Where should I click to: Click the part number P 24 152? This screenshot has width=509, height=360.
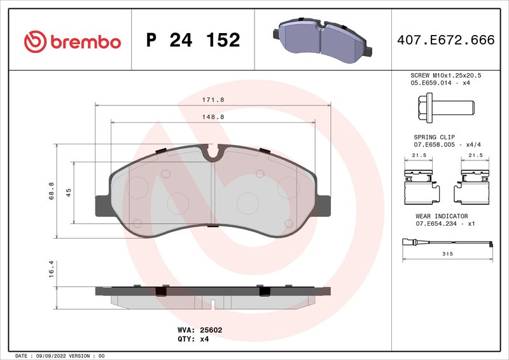coord(193,40)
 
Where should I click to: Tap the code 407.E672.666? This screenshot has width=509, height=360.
coord(445,40)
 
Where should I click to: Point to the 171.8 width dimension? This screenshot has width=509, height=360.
coord(213,100)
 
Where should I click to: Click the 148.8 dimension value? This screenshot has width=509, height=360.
coord(213,117)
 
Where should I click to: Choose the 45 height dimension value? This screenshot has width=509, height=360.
coord(68,193)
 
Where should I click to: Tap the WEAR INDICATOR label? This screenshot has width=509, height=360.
coord(442,216)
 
